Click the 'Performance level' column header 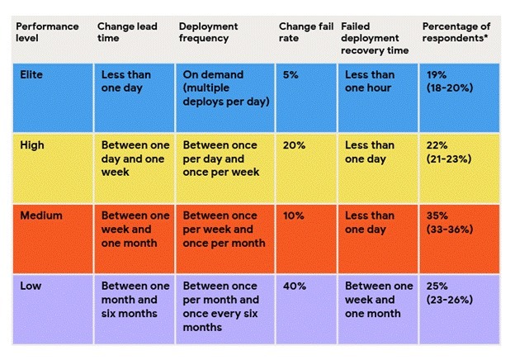[47, 32]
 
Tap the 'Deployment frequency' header [210, 32]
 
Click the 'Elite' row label [31, 74]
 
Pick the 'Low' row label [30, 286]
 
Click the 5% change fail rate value [290, 74]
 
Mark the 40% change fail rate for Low [293, 286]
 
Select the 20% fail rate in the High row [293, 145]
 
